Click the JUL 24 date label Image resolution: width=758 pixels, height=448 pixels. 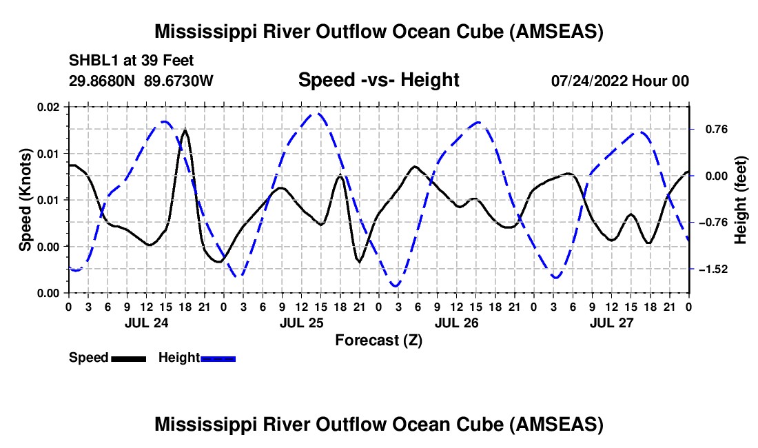pyautogui.click(x=147, y=323)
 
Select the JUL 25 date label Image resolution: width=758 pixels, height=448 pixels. pyautogui.click(x=302, y=323)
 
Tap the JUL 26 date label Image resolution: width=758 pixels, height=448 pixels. pyautogui.click(x=456, y=323)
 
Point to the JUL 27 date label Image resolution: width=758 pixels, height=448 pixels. pyautogui.click(x=611, y=323)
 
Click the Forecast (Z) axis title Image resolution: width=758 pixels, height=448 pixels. pyautogui.click(x=379, y=340)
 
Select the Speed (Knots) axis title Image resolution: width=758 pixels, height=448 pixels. pyautogui.click(x=25, y=200)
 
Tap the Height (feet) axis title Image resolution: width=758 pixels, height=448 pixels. pyautogui.click(x=740, y=200)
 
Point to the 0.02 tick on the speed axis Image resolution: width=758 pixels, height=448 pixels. pyautogui.click(x=48, y=107)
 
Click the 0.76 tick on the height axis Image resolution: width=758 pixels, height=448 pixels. pyautogui.click(x=717, y=130)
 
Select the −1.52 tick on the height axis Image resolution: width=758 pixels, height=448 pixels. pyautogui.click(x=713, y=269)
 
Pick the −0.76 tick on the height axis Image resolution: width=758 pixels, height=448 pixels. pyautogui.click(x=713, y=223)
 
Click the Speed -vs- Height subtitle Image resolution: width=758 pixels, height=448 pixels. pyautogui.click(x=378, y=80)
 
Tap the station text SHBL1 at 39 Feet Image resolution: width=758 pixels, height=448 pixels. pyautogui.click(x=131, y=61)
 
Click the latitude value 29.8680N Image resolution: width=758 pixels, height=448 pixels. pyautogui.click(x=102, y=81)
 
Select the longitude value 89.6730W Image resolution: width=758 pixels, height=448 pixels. pyautogui.click(x=178, y=81)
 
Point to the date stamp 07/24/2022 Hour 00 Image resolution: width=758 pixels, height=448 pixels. pyautogui.click(x=620, y=81)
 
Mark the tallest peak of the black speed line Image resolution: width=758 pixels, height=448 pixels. pyautogui.click(x=185, y=130)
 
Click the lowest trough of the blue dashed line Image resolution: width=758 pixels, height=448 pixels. pyautogui.click(x=396, y=286)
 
